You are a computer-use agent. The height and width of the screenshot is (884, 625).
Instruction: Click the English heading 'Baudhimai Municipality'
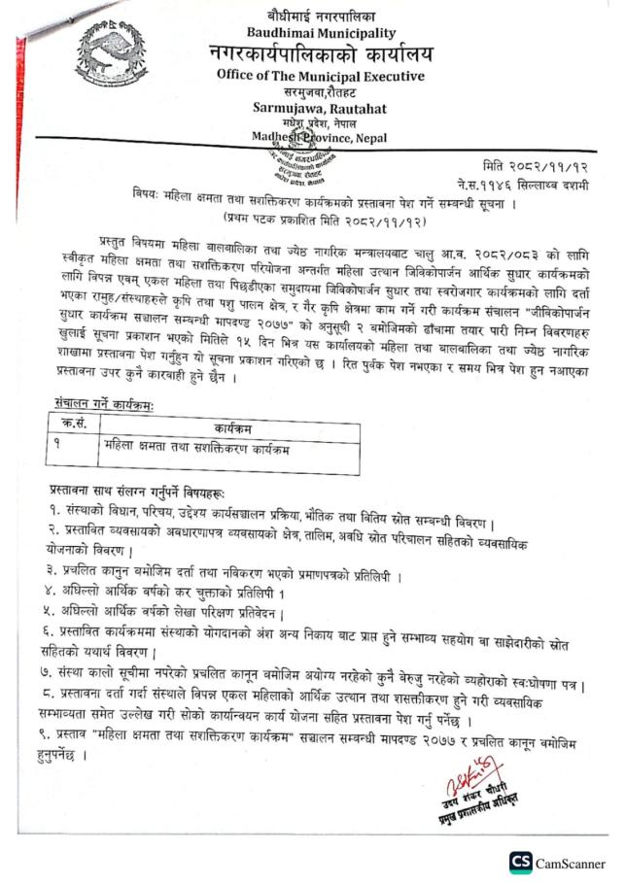[318, 32]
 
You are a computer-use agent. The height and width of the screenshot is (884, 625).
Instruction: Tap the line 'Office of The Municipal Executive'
[320, 75]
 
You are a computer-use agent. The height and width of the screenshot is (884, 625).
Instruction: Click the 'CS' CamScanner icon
[522, 863]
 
